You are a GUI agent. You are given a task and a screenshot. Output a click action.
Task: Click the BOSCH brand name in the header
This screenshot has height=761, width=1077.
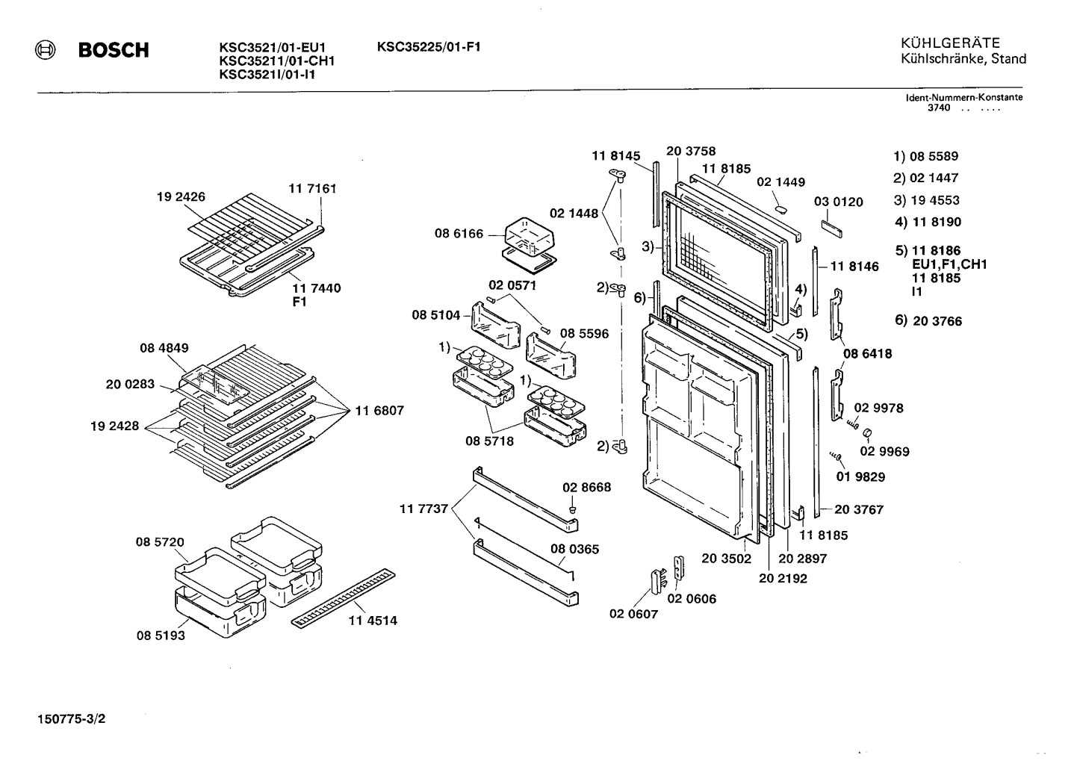[x=114, y=50]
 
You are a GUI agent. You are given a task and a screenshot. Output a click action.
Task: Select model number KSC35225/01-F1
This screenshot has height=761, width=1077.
[x=429, y=46]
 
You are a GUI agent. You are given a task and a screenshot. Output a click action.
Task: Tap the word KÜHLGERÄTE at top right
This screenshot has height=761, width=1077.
[x=950, y=43]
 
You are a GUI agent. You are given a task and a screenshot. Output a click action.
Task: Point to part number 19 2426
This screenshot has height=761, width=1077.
[x=181, y=196]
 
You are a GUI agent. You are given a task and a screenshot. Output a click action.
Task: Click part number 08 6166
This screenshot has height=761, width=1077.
[x=459, y=234]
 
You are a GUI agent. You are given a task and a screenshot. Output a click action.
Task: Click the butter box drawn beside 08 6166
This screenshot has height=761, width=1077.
[x=530, y=245]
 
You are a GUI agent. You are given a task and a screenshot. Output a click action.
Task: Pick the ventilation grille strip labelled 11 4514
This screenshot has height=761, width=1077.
[x=343, y=598]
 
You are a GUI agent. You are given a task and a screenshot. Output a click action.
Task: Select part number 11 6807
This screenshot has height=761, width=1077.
[x=379, y=411]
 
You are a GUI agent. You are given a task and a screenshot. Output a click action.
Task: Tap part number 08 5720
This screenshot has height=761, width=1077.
[x=160, y=541]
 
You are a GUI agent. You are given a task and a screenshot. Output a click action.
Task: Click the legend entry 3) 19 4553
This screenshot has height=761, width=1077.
[x=927, y=200]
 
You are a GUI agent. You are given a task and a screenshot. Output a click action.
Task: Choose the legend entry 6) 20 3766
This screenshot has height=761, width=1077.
[x=928, y=320]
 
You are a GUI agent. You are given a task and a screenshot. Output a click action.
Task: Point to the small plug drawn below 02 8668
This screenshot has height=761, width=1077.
[x=572, y=508]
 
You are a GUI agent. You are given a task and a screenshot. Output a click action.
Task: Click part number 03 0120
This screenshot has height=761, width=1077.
[x=839, y=202]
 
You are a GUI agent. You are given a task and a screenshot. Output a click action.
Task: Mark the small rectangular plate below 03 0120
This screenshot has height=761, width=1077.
[x=831, y=229]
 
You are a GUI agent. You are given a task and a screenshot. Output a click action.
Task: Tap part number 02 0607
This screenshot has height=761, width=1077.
[x=633, y=614]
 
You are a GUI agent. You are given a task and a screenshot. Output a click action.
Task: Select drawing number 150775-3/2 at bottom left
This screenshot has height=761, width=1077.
[x=71, y=718]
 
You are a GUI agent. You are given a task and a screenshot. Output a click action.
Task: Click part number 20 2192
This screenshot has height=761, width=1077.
[x=783, y=578]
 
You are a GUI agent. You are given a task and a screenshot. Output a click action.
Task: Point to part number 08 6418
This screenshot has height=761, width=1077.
[x=867, y=353]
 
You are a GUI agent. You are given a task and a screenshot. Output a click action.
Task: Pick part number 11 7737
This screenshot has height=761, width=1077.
[x=423, y=509]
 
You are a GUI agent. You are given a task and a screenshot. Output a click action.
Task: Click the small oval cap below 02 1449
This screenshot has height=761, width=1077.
[x=780, y=209]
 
